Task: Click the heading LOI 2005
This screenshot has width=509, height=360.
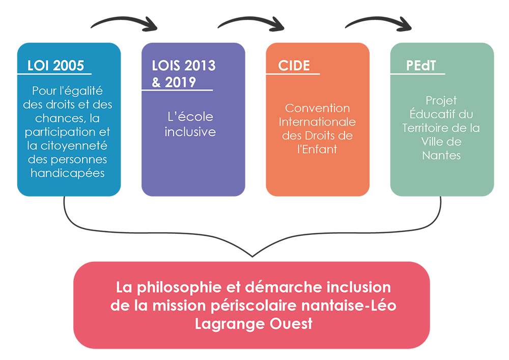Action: [56, 66]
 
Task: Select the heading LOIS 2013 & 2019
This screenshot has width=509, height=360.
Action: [184, 74]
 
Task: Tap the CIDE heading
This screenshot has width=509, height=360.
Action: [294, 66]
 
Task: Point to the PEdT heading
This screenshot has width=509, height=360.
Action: [421, 66]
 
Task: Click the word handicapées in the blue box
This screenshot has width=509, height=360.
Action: [68, 173]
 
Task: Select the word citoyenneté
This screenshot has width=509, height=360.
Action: [74, 146]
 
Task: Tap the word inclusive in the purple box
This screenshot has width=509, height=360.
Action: [190, 132]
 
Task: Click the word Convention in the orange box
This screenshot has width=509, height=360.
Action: [318, 108]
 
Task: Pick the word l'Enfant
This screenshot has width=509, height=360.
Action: [318, 149]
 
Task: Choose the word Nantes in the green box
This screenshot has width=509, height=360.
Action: [441, 155]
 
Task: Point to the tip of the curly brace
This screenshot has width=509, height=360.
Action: [252, 257]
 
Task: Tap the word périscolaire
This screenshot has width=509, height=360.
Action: [254, 306]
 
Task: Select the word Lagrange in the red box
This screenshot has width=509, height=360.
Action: [230, 324]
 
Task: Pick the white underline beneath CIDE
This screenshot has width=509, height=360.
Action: [293, 74]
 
